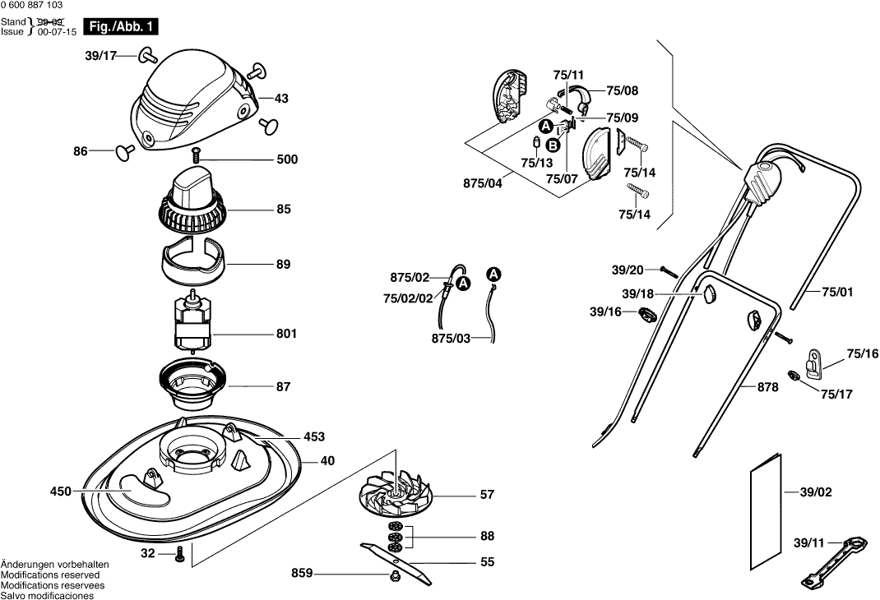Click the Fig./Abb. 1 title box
tap(120, 27)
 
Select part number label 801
tap(286, 335)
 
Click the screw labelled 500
tap(197, 153)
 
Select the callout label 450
tap(61, 492)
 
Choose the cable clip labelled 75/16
tap(812, 359)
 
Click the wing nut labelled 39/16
tap(646, 313)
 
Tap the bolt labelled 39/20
tap(667, 271)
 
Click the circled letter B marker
tap(553, 145)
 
